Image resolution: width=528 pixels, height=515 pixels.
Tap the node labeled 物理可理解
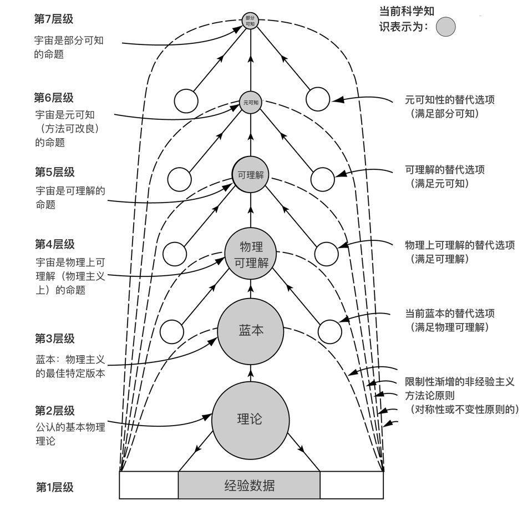point(251,254)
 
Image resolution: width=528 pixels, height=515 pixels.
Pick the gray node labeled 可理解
point(250,175)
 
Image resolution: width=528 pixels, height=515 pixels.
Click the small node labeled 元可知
point(251,103)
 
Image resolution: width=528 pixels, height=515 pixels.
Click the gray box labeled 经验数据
point(249,486)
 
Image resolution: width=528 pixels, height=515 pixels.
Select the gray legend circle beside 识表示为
point(445,27)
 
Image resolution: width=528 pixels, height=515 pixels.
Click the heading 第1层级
point(54,487)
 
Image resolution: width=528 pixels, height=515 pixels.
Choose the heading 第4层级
point(54,244)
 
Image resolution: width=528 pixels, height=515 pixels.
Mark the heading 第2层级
point(54,411)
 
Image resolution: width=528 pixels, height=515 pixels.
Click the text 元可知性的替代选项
point(450,100)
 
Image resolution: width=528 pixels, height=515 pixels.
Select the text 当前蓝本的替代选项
point(450,313)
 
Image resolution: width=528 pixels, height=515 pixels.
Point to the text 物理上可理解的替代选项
point(460,245)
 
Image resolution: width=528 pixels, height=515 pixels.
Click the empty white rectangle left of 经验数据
point(149,485)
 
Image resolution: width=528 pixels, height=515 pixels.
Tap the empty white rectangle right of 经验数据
point(352,485)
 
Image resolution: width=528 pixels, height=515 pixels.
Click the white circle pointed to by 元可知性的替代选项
point(318,99)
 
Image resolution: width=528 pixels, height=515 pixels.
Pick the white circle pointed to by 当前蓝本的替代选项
point(331,331)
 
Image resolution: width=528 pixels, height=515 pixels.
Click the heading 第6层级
point(54,98)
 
